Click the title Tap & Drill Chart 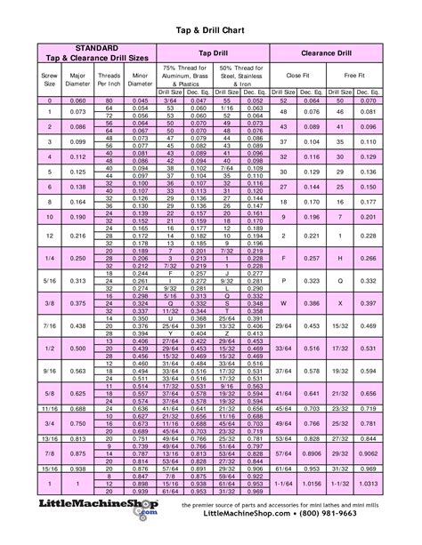coord(211,28)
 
